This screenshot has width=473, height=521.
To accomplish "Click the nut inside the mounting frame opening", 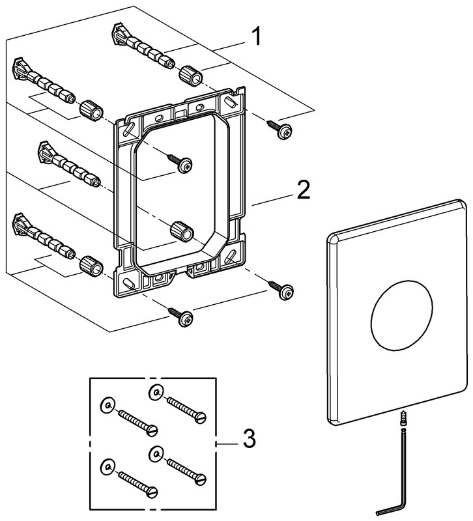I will (180, 231).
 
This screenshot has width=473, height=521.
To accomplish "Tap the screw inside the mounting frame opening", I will (179, 163).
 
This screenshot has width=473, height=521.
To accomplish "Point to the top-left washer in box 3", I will (106, 406).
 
